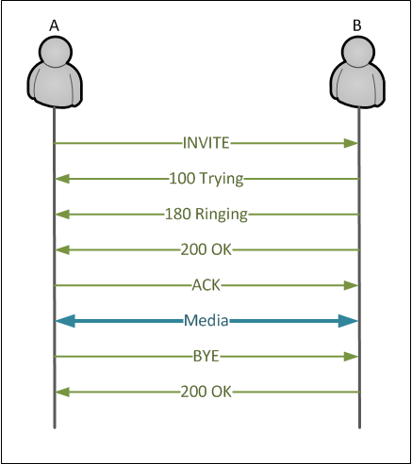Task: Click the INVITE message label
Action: (206, 143)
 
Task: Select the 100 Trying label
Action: (206, 179)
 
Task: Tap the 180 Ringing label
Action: (206, 215)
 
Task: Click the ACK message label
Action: (206, 285)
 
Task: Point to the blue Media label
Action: (206, 321)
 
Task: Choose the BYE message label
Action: (206, 357)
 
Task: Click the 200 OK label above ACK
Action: (206, 250)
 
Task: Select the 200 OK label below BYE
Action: (206, 392)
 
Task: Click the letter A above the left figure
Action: (54, 25)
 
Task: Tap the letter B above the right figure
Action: (357, 25)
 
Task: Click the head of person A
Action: (56, 52)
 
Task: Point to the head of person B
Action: (358, 52)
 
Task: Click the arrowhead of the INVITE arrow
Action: (351, 143)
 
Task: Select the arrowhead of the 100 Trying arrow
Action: (62, 179)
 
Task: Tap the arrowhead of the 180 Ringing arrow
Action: (62, 215)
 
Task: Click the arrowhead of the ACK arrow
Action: (351, 285)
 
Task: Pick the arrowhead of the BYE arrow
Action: (351, 357)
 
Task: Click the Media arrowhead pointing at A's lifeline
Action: (65, 321)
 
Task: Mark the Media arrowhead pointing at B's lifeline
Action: (348, 321)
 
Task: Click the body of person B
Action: (357, 85)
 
